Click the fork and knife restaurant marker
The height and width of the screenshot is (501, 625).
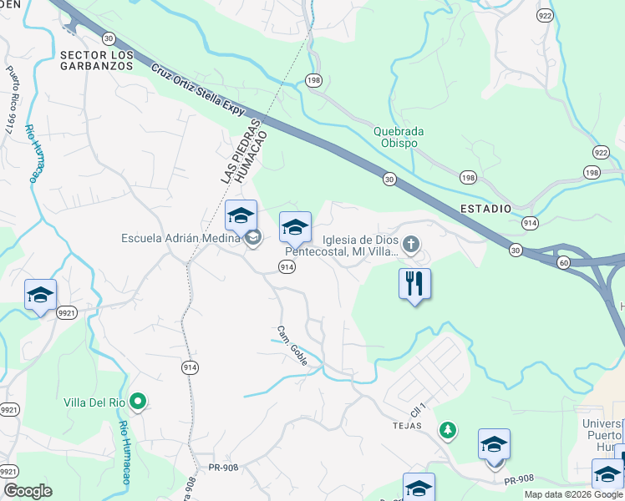415,283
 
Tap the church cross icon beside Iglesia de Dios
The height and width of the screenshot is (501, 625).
410,244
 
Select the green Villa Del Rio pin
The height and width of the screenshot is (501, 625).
140,402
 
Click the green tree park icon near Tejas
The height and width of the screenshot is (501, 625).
449,430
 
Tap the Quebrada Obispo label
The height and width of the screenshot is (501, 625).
399,137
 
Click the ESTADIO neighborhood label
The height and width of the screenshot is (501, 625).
484,208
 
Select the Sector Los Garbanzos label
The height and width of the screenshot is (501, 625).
97,61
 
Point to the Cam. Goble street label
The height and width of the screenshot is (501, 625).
292,345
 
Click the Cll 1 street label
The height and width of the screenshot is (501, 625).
418,411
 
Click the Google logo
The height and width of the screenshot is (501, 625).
28,491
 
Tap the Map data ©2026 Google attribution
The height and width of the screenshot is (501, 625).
572,494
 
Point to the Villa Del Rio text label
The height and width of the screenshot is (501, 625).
94,402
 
